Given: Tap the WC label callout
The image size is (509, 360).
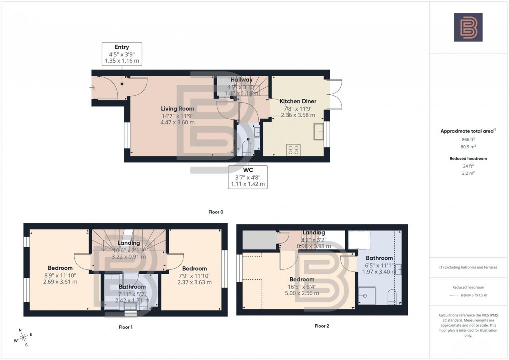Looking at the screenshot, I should point(248,177).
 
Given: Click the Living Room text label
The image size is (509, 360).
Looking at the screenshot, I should point(177,108).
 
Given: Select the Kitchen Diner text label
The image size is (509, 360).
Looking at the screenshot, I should point(298,101).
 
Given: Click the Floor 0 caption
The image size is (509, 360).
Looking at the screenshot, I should point(216,212).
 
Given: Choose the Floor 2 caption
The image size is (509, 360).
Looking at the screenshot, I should point(322,326).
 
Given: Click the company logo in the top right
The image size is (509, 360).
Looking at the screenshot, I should point(468,27).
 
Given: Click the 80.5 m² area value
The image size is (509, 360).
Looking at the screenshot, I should point(468,147).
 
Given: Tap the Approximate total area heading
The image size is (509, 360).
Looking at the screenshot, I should point(467,131).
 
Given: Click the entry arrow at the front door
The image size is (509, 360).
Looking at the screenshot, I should point(93,88).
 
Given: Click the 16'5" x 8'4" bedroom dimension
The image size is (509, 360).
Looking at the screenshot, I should point(302,286).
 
